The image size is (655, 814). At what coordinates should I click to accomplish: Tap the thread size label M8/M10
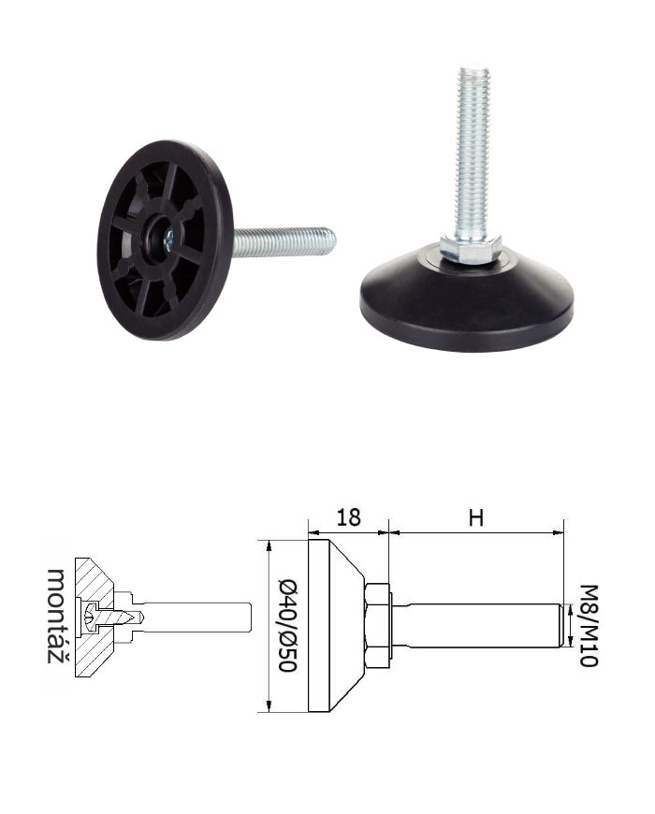589,625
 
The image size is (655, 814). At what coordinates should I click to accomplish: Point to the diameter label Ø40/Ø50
287,625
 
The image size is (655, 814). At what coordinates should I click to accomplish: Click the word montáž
58,616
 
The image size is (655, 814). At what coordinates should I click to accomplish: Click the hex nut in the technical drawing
377,625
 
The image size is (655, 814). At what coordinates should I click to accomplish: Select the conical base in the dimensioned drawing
332,625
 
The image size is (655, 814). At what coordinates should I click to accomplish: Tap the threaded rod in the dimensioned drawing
477,625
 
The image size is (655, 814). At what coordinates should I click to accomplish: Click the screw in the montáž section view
112,618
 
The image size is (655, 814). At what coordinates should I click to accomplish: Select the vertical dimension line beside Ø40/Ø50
269,625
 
